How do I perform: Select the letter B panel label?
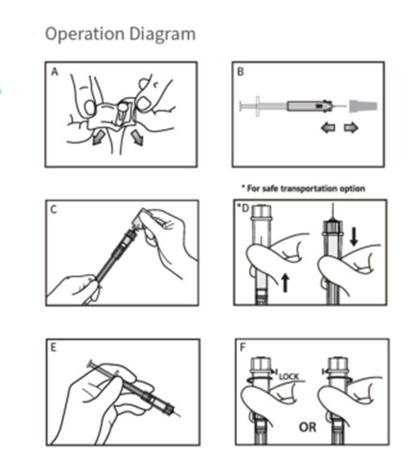242,72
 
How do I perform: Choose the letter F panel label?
242,349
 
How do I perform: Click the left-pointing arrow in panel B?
329,127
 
